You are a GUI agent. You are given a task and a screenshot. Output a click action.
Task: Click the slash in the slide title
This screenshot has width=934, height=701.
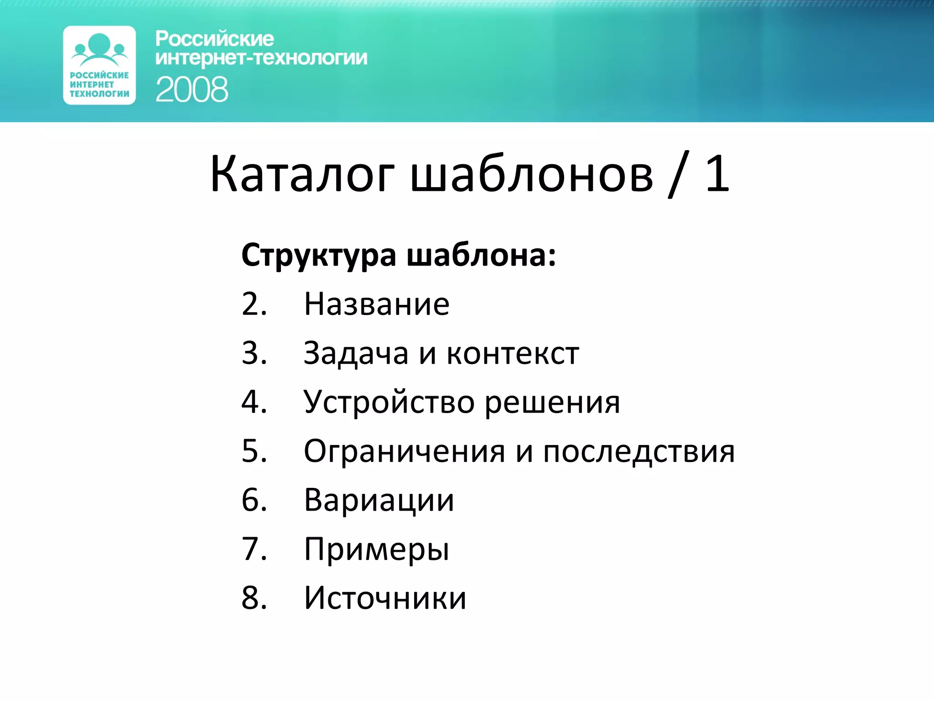click(678, 175)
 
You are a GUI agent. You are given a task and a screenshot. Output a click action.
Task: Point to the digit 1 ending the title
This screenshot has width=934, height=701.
click(717, 173)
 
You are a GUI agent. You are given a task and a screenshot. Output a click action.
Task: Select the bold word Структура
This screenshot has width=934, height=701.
click(318, 256)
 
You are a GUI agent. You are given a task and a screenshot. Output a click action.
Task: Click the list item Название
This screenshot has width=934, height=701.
click(377, 304)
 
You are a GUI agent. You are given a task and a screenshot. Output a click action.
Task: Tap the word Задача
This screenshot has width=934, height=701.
click(356, 353)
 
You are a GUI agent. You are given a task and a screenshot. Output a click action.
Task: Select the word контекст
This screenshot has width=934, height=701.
click(513, 353)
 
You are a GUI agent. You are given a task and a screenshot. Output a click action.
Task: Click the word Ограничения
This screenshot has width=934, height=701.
click(404, 452)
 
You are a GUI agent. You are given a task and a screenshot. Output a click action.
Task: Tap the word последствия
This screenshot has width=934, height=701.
click(638, 452)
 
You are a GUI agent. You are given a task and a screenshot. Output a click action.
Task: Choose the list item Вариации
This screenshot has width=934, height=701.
click(379, 501)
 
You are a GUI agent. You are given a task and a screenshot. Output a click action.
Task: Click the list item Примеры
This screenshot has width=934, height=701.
click(377, 550)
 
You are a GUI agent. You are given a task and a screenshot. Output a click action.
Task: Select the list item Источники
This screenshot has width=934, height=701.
click(385, 598)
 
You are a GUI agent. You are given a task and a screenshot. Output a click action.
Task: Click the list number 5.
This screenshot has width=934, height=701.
click(254, 451)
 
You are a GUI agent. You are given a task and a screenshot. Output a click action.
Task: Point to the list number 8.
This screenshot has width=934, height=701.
click(254, 598)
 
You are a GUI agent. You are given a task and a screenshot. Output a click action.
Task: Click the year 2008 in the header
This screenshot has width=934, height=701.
click(192, 89)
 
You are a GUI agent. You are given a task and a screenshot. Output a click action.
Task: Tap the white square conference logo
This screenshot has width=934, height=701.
click(99, 65)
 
